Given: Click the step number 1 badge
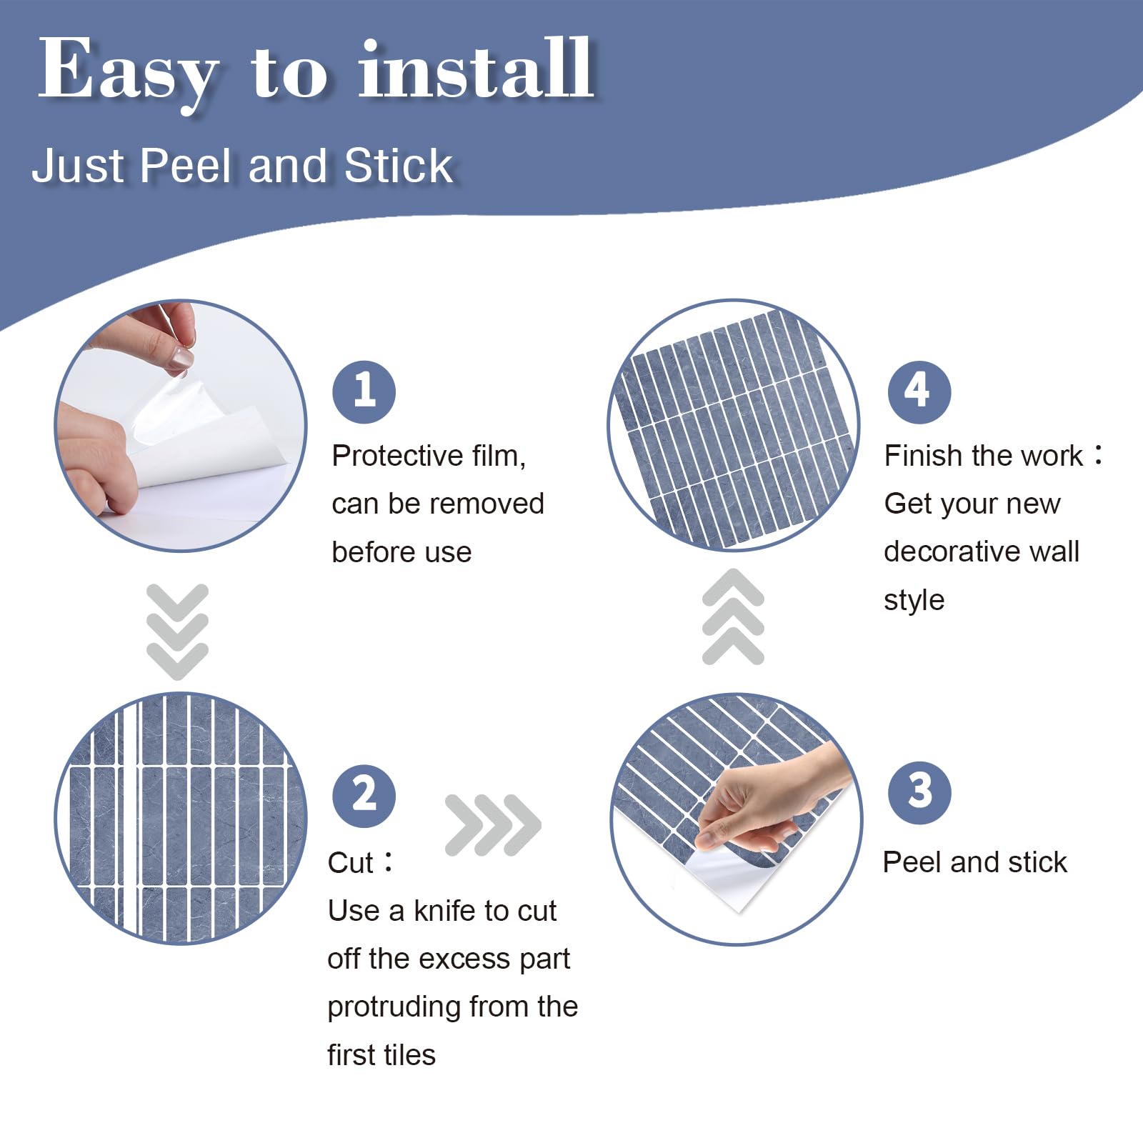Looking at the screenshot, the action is (364, 392).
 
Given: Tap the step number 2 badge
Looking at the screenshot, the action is (364, 796).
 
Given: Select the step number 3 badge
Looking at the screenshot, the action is (919, 793).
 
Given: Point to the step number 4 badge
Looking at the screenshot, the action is (919, 392).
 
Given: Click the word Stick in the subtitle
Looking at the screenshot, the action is (399, 166).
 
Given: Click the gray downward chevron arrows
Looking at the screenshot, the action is (177, 632).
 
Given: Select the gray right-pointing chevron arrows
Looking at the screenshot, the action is (493, 825).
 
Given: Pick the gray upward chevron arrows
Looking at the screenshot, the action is (733, 617).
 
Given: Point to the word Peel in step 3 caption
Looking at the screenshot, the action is (912, 862).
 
